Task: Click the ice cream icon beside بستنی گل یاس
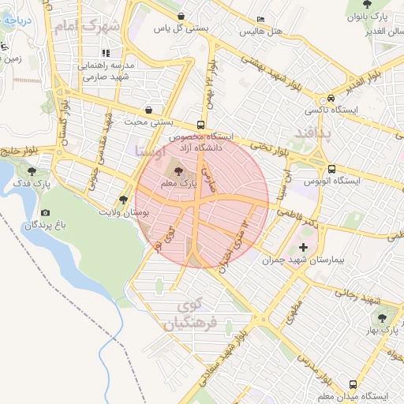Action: pyautogui.click(x=181, y=16)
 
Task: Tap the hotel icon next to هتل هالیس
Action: pyautogui.click(x=261, y=19)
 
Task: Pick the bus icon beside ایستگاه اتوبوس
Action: pyautogui.click(x=331, y=169)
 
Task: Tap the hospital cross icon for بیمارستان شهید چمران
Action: pyautogui.click(x=303, y=248)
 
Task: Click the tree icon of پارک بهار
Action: pyautogui.click(x=383, y=318)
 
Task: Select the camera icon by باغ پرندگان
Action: pyautogui.click(x=45, y=213)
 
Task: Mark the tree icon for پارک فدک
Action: pyautogui.click(x=32, y=170)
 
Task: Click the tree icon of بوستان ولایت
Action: pyautogui.click(x=122, y=200)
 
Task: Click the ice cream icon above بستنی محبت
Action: pyautogui.click(x=149, y=110)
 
